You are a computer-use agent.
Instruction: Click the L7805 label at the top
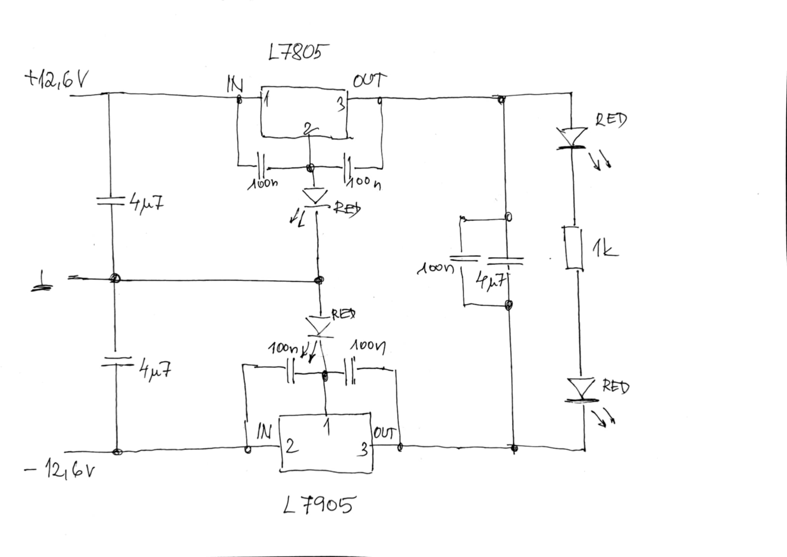pyautogui.click(x=294, y=52)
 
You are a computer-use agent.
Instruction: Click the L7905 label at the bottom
pyautogui.click(x=318, y=505)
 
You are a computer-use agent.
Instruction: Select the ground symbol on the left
pyautogui.click(x=42, y=282)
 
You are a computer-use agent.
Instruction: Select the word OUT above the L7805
pyautogui.click(x=369, y=81)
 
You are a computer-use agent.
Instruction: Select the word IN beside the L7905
pyautogui.click(x=264, y=432)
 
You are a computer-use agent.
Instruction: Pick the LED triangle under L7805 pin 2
pyautogui.click(x=315, y=197)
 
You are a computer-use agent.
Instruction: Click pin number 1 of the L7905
pyautogui.click(x=327, y=427)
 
